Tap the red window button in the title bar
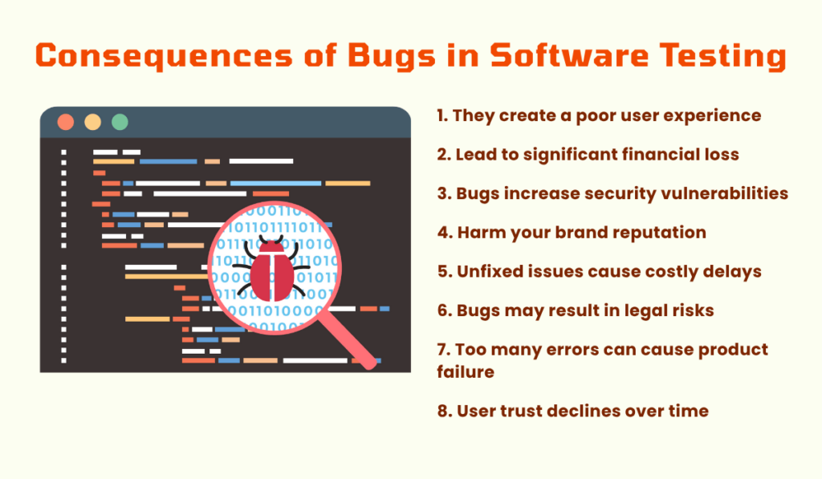coord(66,122)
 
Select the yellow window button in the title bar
coord(93,122)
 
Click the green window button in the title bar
coord(120,122)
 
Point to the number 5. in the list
coord(446,271)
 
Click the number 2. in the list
coord(445,154)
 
